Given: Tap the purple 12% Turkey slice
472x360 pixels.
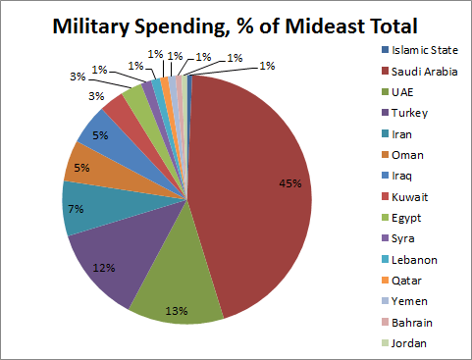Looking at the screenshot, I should coord(108,260).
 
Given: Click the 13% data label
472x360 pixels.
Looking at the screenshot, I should coord(176,312).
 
